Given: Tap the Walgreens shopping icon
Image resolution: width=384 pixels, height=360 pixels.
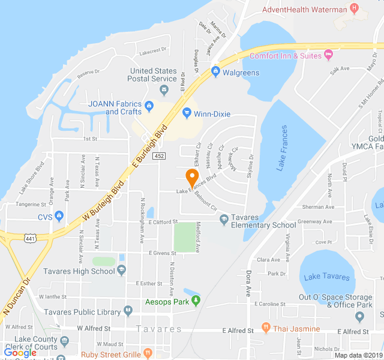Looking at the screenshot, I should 215,72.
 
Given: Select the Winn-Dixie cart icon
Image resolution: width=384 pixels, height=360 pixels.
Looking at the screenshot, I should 187,113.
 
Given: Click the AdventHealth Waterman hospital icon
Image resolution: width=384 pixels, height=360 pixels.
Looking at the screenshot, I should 354,9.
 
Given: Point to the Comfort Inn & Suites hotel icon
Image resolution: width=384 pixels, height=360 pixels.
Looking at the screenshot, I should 328,55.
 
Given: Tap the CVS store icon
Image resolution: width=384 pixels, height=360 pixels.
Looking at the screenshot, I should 59,217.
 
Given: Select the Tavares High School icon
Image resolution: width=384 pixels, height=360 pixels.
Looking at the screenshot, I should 121,271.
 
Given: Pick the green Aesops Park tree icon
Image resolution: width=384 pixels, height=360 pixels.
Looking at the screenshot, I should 196,301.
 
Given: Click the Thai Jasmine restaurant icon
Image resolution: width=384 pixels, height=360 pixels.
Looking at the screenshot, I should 266,328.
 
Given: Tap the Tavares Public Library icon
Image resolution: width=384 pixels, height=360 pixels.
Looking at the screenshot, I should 128,311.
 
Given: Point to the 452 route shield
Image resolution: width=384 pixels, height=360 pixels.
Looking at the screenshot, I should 158,156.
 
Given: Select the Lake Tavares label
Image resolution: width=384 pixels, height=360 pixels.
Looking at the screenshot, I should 326,277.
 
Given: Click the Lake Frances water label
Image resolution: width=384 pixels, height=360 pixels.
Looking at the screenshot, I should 282,148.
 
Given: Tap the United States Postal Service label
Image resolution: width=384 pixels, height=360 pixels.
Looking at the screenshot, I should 154,74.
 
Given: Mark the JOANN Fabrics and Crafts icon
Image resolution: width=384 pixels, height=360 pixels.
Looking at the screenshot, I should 148,107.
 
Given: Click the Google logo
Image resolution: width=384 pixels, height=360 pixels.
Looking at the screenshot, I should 20,353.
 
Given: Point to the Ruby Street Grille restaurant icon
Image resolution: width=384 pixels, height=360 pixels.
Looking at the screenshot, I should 148,353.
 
